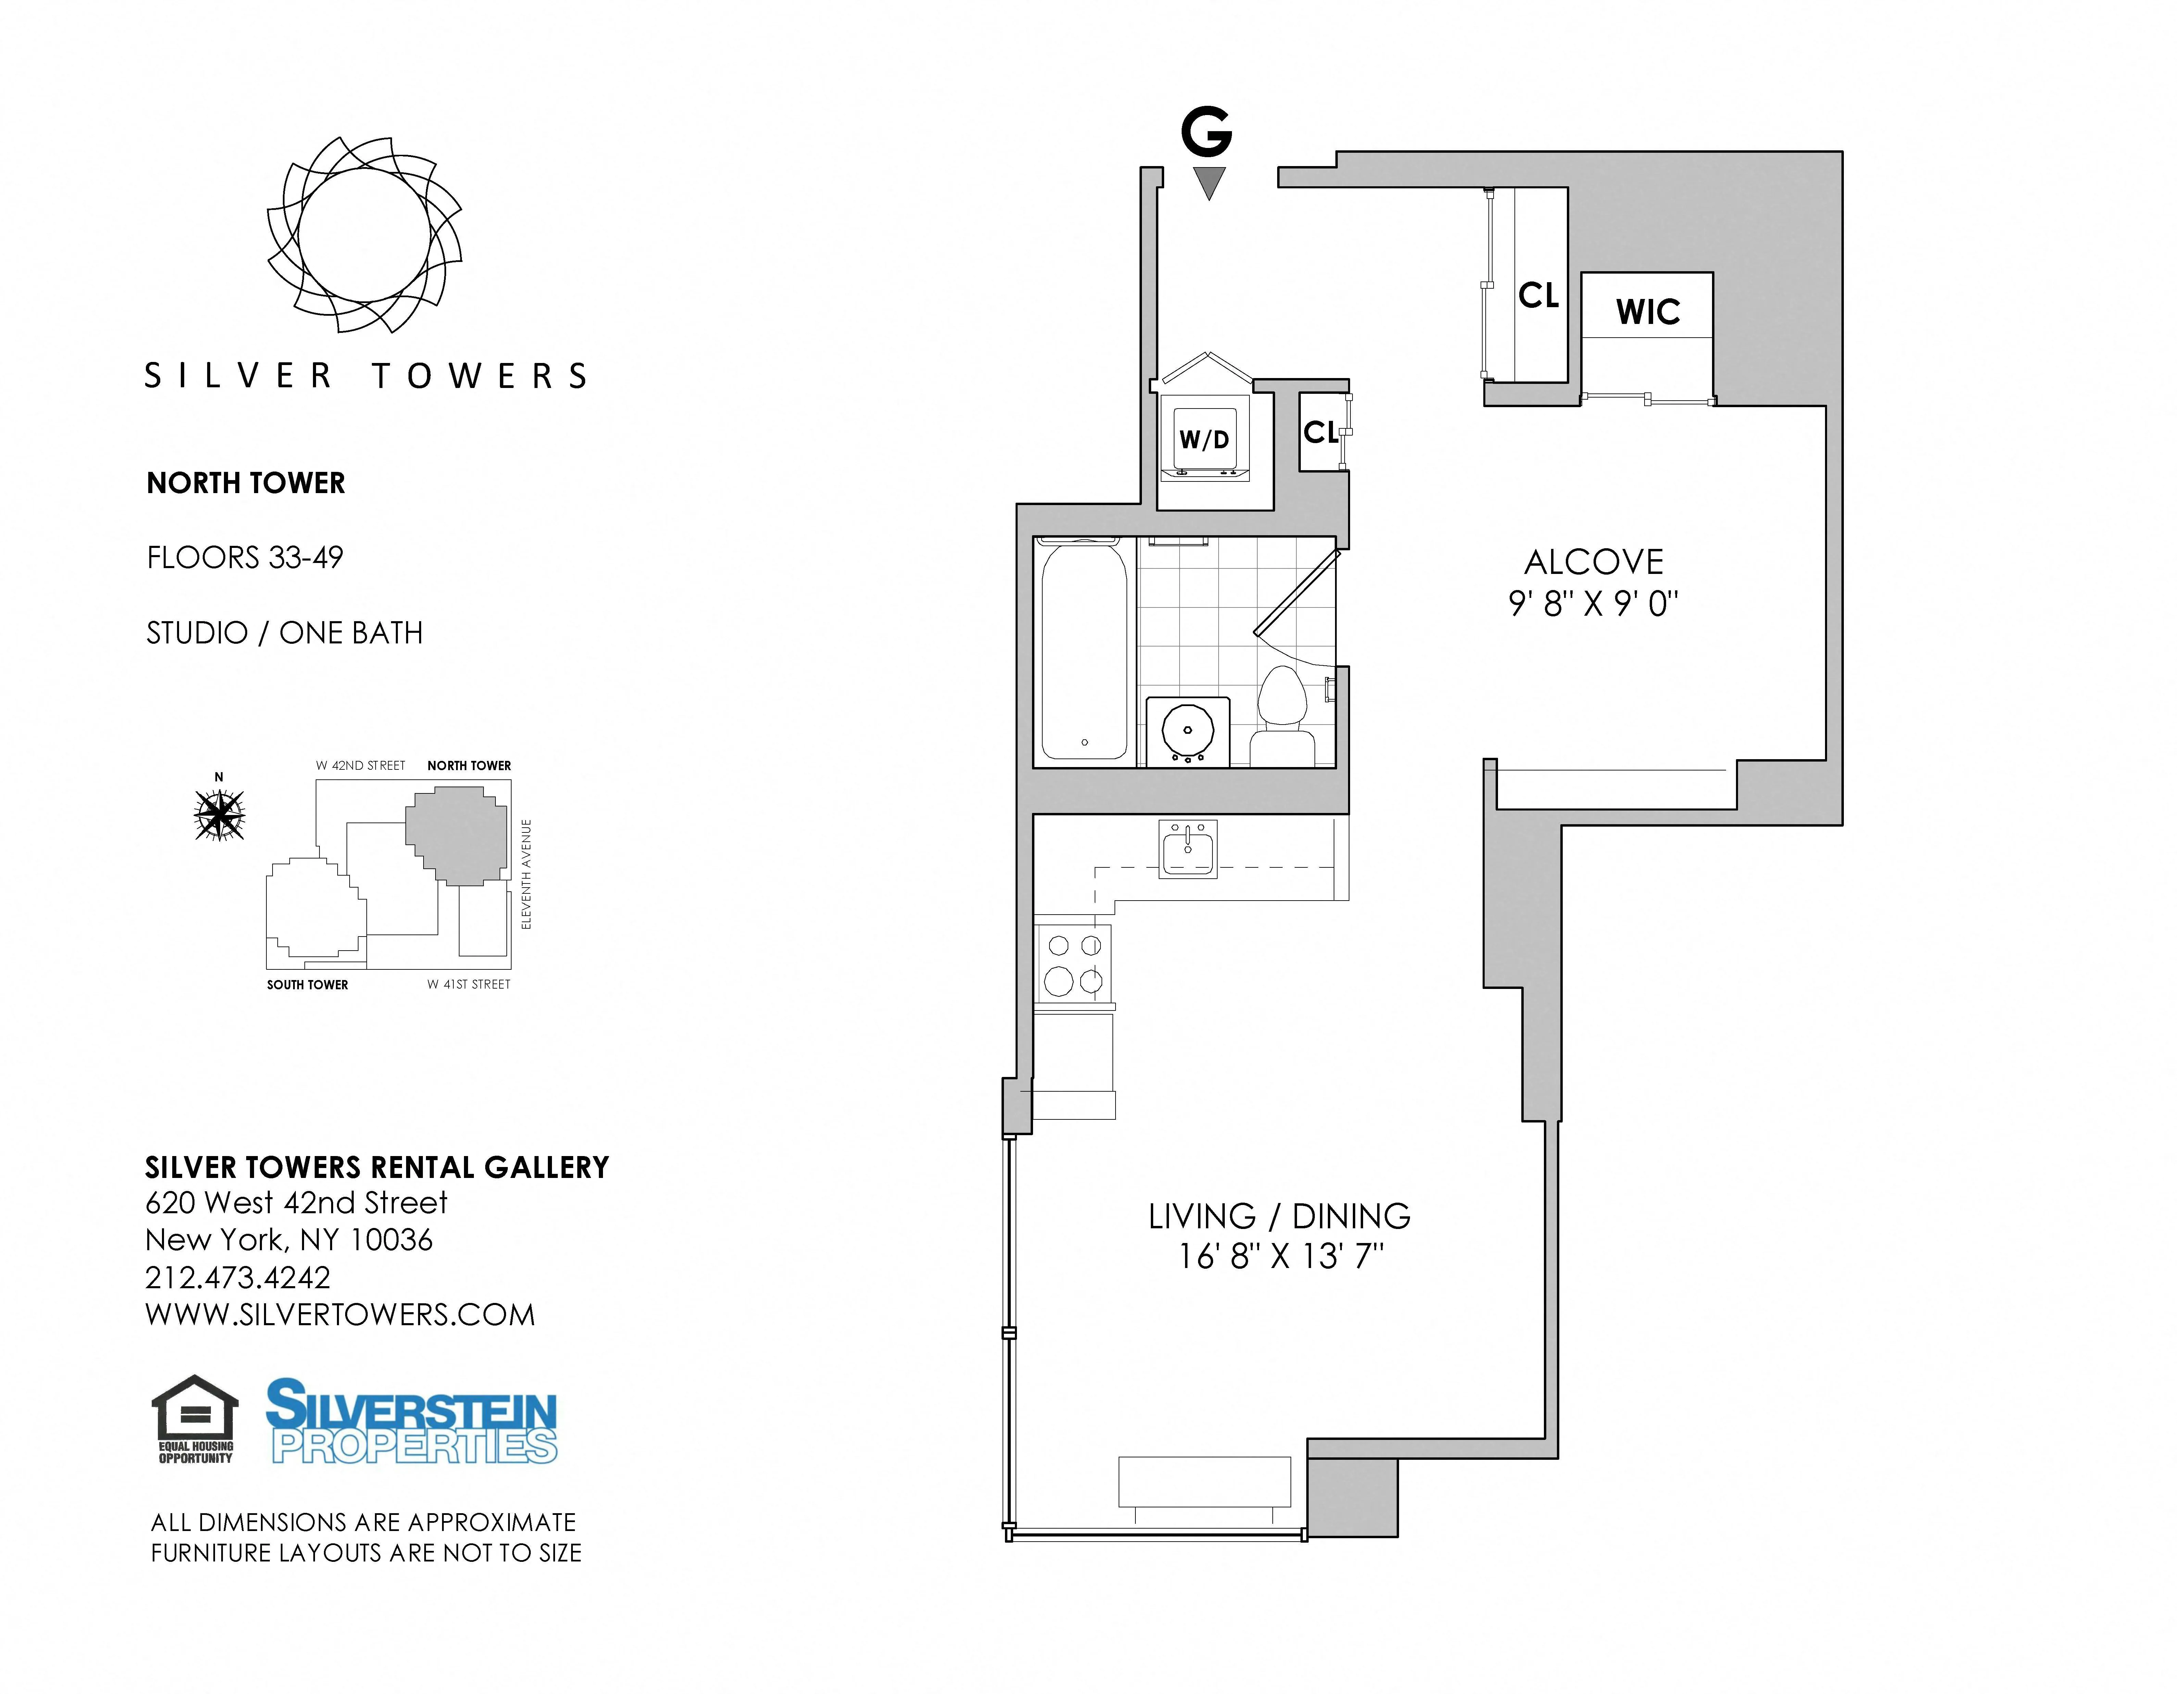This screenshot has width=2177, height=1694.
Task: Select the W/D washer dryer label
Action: coord(1204,440)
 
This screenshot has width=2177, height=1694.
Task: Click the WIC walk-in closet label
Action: coord(1648,312)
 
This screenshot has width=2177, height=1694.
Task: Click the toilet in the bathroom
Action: coord(1283,716)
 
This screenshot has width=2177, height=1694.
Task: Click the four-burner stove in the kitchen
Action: coord(1073,964)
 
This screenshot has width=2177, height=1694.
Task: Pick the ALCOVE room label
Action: coord(1593,562)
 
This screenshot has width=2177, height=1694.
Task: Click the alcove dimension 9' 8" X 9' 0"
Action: coord(1593,604)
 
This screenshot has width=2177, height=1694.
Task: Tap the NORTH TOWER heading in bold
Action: coord(245,484)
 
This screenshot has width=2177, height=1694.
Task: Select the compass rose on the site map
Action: coord(219,814)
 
